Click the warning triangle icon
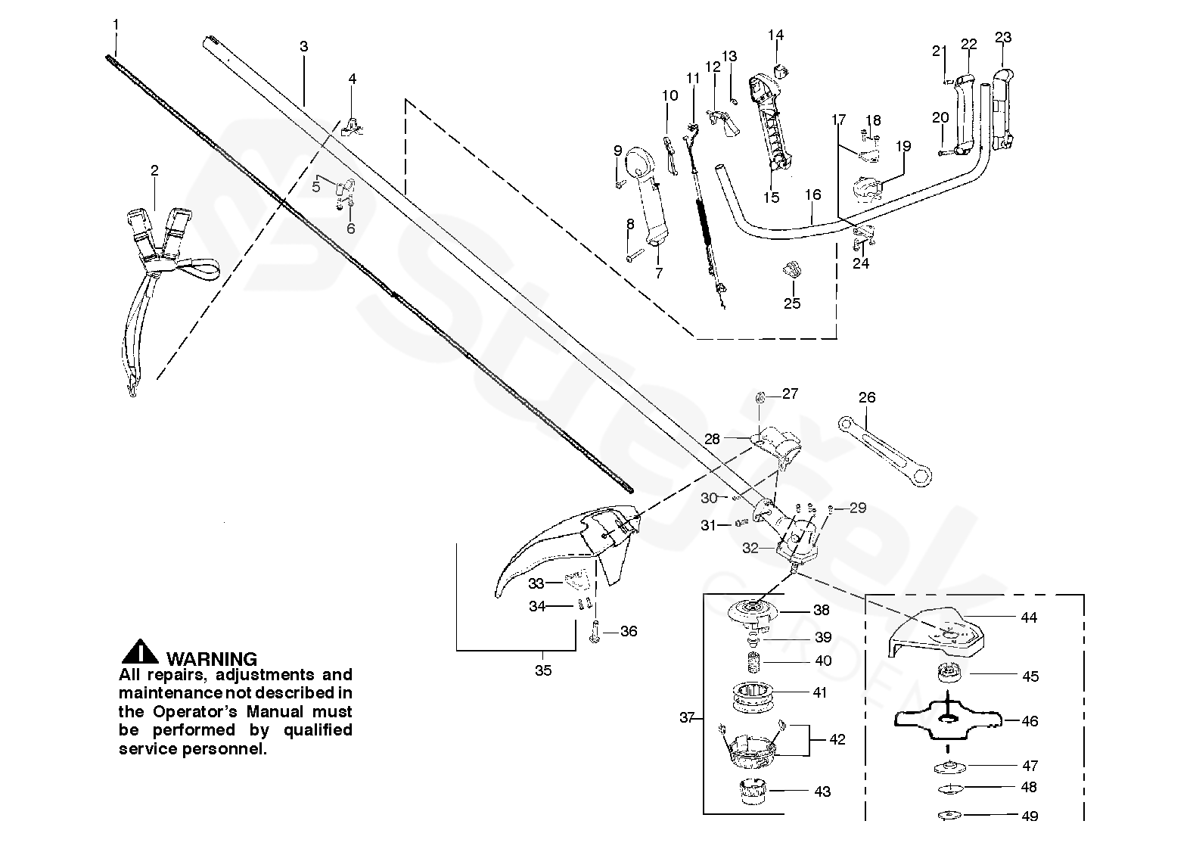[x=139, y=652]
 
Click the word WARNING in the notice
[x=211, y=659]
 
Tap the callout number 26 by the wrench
[x=867, y=397]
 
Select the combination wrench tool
[x=884, y=451]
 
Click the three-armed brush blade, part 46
[x=948, y=720]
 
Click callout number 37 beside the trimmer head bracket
[x=687, y=718]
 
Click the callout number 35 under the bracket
[x=543, y=670]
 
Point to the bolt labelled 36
[x=595, y=631]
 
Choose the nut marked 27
[x=760, y=397]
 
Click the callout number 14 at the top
[x=776, y=35]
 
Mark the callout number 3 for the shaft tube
[x=303, y=46]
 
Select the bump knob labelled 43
[x=752, y=791]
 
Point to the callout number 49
[x=1030, y=816]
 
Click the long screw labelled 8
[x=636, y=255]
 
